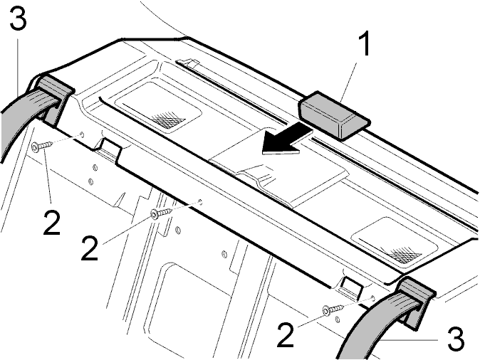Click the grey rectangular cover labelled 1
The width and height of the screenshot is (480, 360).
pyautogui.click(x=334, y=115)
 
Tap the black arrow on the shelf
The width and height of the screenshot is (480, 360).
pyautogui.click(x=287, y=142)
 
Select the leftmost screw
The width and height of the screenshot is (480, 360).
pyautogui.click(x=42, y=146)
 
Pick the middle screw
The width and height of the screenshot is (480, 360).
pyautogui.click(x=162, y=212)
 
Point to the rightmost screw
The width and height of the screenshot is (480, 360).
pyautogui.click(x=333, y=309)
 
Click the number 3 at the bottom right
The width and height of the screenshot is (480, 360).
pyautogui.click(x=456, y=339)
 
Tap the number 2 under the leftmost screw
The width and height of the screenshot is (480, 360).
pyautogui.click(x=52, y=223)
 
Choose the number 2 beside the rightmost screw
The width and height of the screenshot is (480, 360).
pyautogui.click(x=286, y=335)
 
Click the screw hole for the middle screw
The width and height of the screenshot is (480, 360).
pyautogui.click(x=201, y=201)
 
